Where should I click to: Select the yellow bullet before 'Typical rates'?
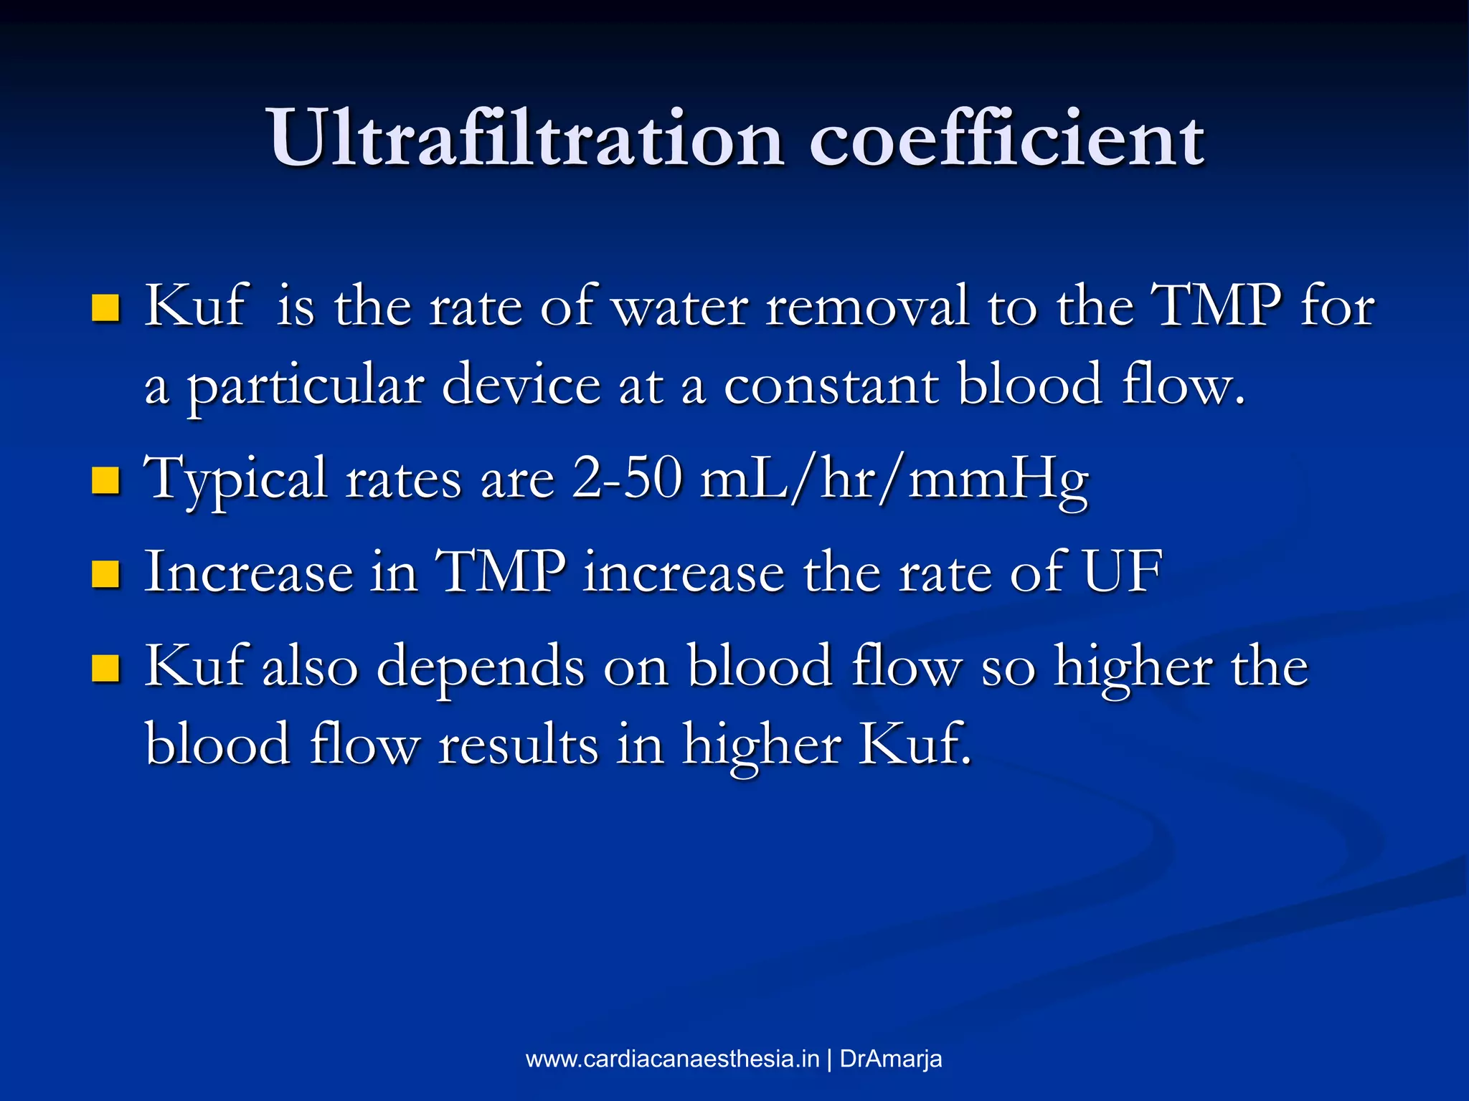(x=105, y=480)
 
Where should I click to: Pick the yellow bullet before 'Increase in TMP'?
(x=105, y=573)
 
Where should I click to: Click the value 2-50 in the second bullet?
(x=626, y=479)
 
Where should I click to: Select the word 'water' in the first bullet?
(x=679, y=307)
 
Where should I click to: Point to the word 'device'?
(x=521, y=385)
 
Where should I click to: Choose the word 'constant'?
(x=831, y=386)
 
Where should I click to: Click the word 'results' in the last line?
(x=518, y=745)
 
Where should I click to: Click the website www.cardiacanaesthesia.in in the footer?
(x=672, y=1059)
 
